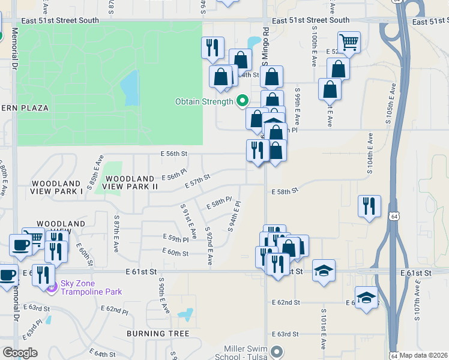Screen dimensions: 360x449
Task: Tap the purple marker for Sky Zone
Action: pyautogui.click(x=52, y=287)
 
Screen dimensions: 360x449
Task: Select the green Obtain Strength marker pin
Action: pyautogui.click(x=243, y=101)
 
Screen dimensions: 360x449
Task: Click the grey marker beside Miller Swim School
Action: pyautogui.click(x=277, y=352)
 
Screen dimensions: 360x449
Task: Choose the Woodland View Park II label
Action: pyautogui.click(x=130, y=182)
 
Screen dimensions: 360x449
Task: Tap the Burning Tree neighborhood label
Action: pyautogui.click(x=158, y=334)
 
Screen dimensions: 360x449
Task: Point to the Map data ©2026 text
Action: pyautogui.click(x=423, y=355)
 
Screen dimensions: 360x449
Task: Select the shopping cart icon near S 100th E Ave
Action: pyautogui.click(x=349, y=42)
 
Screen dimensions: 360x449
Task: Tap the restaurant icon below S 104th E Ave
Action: pyautogui.click(x=369, y=206)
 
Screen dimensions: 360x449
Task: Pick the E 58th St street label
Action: pyautogui.click(x=285, y=191)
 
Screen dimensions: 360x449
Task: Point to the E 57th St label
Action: pyautogui.click(x=197, y=181)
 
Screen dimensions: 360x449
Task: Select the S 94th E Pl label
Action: pyautogui.click(x=234, y=216)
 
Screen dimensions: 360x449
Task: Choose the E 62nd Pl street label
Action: pyautogui.click(x=115, y=310)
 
